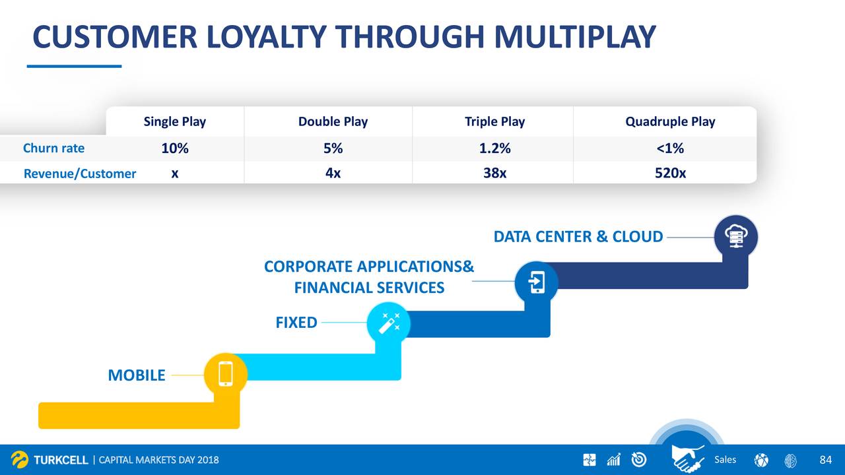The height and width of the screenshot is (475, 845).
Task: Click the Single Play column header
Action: click(175, 121)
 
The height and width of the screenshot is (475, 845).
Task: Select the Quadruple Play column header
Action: click(670, 121)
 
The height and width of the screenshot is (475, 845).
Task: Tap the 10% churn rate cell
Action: click(175, 148)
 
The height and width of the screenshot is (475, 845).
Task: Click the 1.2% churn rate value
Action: click(494, 148)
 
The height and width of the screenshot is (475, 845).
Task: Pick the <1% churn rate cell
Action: click(670, 148)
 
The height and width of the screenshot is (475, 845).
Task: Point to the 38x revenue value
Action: click(494, 173)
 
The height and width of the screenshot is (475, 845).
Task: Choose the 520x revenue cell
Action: click(670, 173)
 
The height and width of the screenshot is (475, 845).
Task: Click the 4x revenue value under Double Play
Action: click(333, 173)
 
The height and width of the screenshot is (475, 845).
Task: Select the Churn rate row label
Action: click(53, 148)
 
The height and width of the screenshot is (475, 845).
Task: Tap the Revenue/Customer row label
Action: click(80, 174)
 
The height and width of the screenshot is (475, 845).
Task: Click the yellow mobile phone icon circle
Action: click(226, 374)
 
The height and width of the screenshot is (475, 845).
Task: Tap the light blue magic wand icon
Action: click(389, 323)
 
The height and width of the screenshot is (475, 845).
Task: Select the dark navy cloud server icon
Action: click(735, 237)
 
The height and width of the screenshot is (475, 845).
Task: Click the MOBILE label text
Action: click(137, 375)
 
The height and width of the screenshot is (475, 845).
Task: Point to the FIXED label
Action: click(296, 323)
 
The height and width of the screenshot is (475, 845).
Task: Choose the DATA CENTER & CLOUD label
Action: click(578, 237)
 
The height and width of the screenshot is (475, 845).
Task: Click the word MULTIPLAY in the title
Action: click(575, 37)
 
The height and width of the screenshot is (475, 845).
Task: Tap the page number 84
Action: click(825, 460)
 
